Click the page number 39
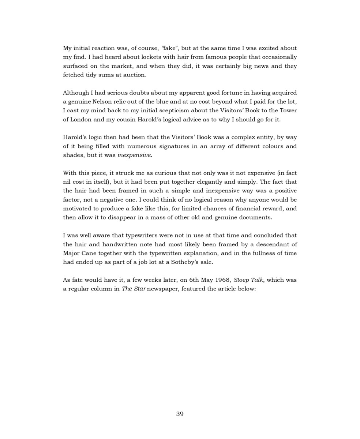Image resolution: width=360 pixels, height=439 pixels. tap(180, 414)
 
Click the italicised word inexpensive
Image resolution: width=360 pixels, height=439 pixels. tap(134, 155)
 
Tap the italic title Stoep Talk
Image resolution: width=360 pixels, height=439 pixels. tap(248, 280)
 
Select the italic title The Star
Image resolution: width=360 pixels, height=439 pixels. tap(134, 289)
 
